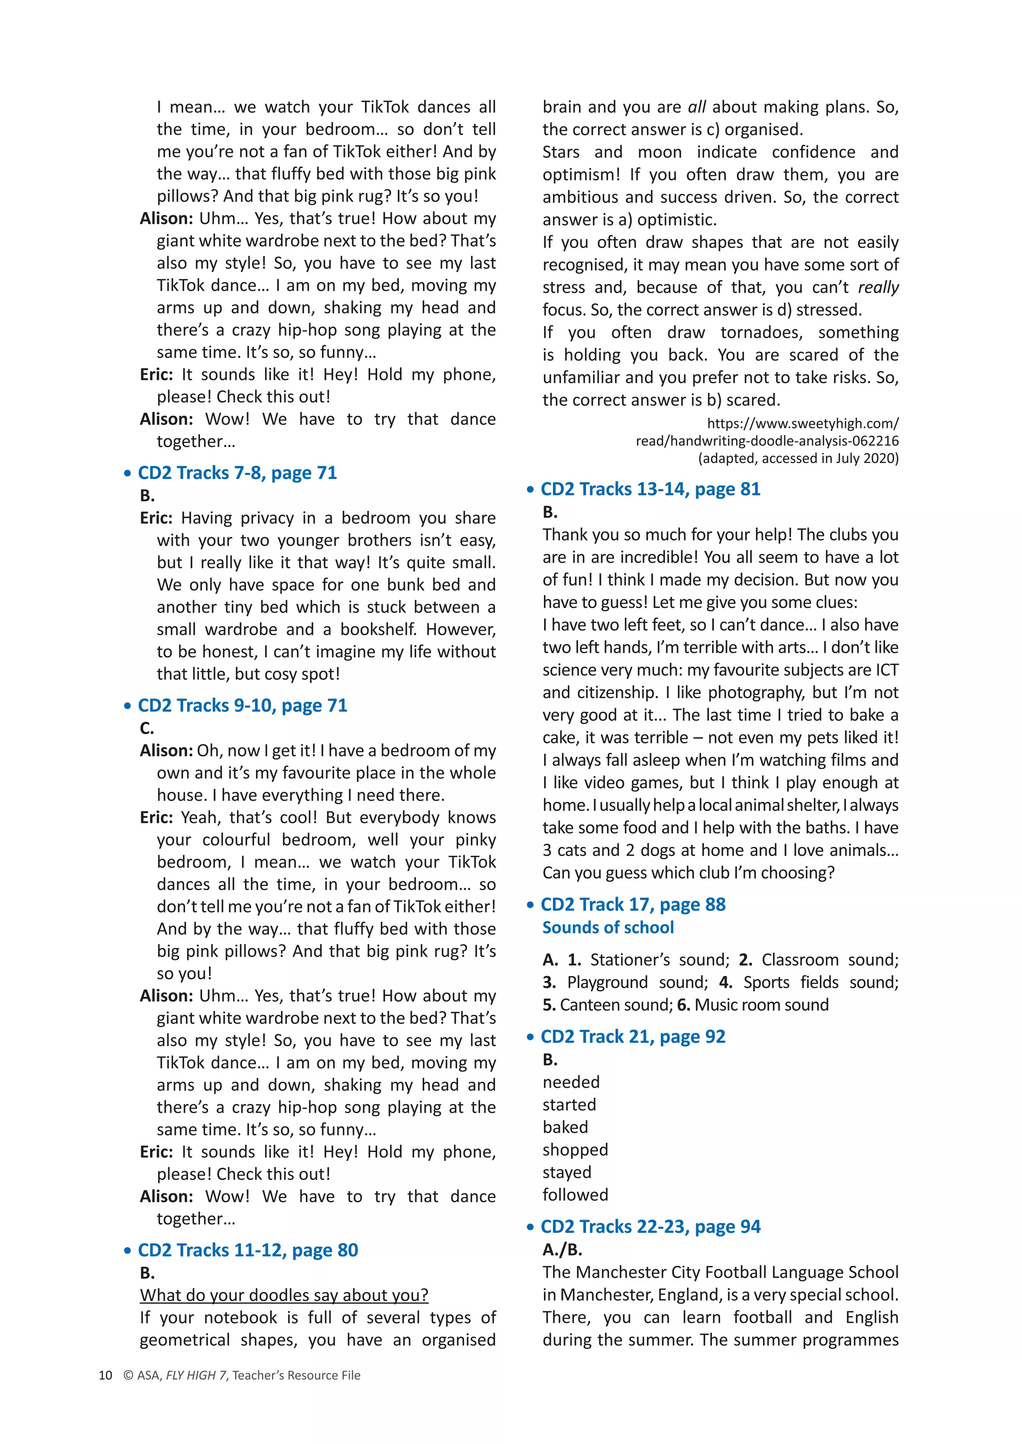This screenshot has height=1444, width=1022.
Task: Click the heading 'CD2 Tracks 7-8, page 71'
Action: point(237,473)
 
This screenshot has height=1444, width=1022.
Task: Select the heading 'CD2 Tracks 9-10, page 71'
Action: point(243,706)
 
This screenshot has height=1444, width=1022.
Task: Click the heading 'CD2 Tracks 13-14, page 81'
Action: point(650,489)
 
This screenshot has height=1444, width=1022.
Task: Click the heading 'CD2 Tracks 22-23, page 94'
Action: point(650,1226)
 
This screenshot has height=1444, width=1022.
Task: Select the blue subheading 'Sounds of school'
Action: point(608,928)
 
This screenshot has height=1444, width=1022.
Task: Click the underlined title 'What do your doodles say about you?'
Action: point(284,1295)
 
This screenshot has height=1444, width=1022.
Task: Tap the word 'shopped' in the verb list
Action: point(575,1150)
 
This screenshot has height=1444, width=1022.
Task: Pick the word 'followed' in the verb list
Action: point(575,1195)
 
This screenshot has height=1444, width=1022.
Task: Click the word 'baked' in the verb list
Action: point(565,1127)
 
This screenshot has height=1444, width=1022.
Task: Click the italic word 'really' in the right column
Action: point(878,287)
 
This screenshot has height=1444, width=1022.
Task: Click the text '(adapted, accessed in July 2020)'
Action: point(798,458)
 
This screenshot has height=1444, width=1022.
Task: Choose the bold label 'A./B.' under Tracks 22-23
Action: point(562,1249)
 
